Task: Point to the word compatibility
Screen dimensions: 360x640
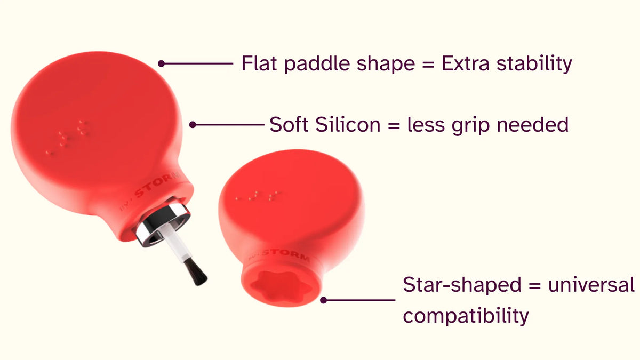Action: pos(466,316)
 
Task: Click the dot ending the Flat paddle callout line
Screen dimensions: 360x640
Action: pos(162,63)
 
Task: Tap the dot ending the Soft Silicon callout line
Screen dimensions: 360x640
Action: pos(193,125)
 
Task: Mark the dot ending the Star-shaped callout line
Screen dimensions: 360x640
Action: pos(323,300)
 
